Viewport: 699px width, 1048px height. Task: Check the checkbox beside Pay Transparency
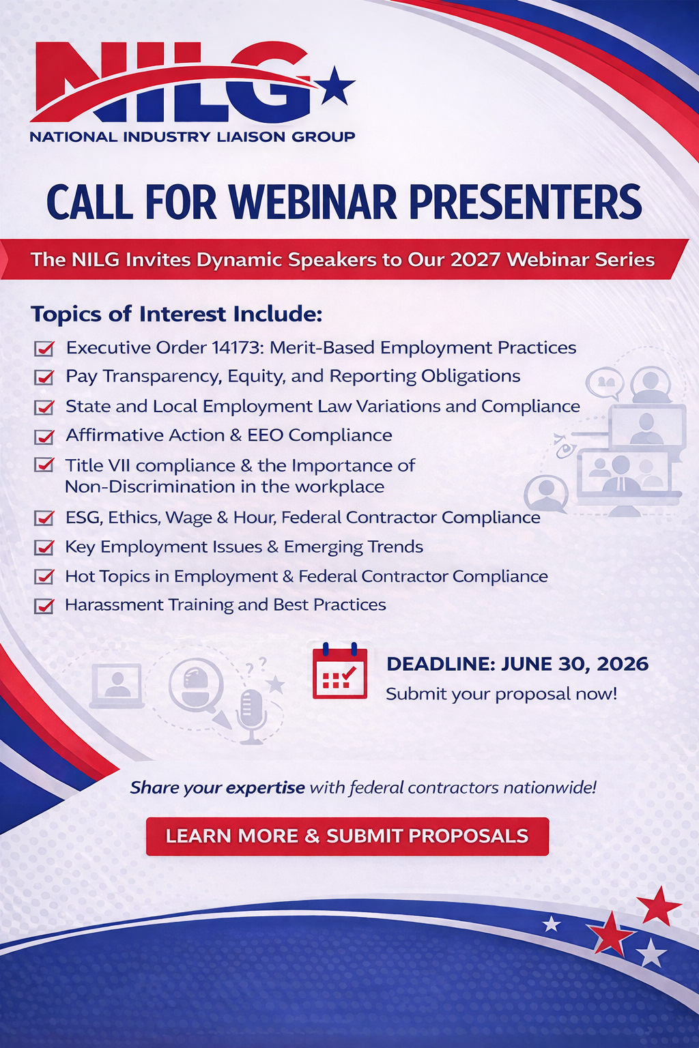[44, 377]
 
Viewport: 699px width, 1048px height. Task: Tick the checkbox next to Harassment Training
[44, 606]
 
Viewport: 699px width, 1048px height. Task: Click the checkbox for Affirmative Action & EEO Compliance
[44, 437]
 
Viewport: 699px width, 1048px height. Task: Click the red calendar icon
[340, 671]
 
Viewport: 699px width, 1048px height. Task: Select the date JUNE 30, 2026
[575, 664]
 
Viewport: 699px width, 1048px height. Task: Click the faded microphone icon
[251, 716]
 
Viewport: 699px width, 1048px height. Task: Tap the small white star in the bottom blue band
[552, 924]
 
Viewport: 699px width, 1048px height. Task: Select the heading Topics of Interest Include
[177, 314]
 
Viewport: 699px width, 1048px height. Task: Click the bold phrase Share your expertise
[217, 788]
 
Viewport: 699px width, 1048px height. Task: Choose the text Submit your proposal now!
[502, 694]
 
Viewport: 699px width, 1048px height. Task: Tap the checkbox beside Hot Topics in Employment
[44, 577]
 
